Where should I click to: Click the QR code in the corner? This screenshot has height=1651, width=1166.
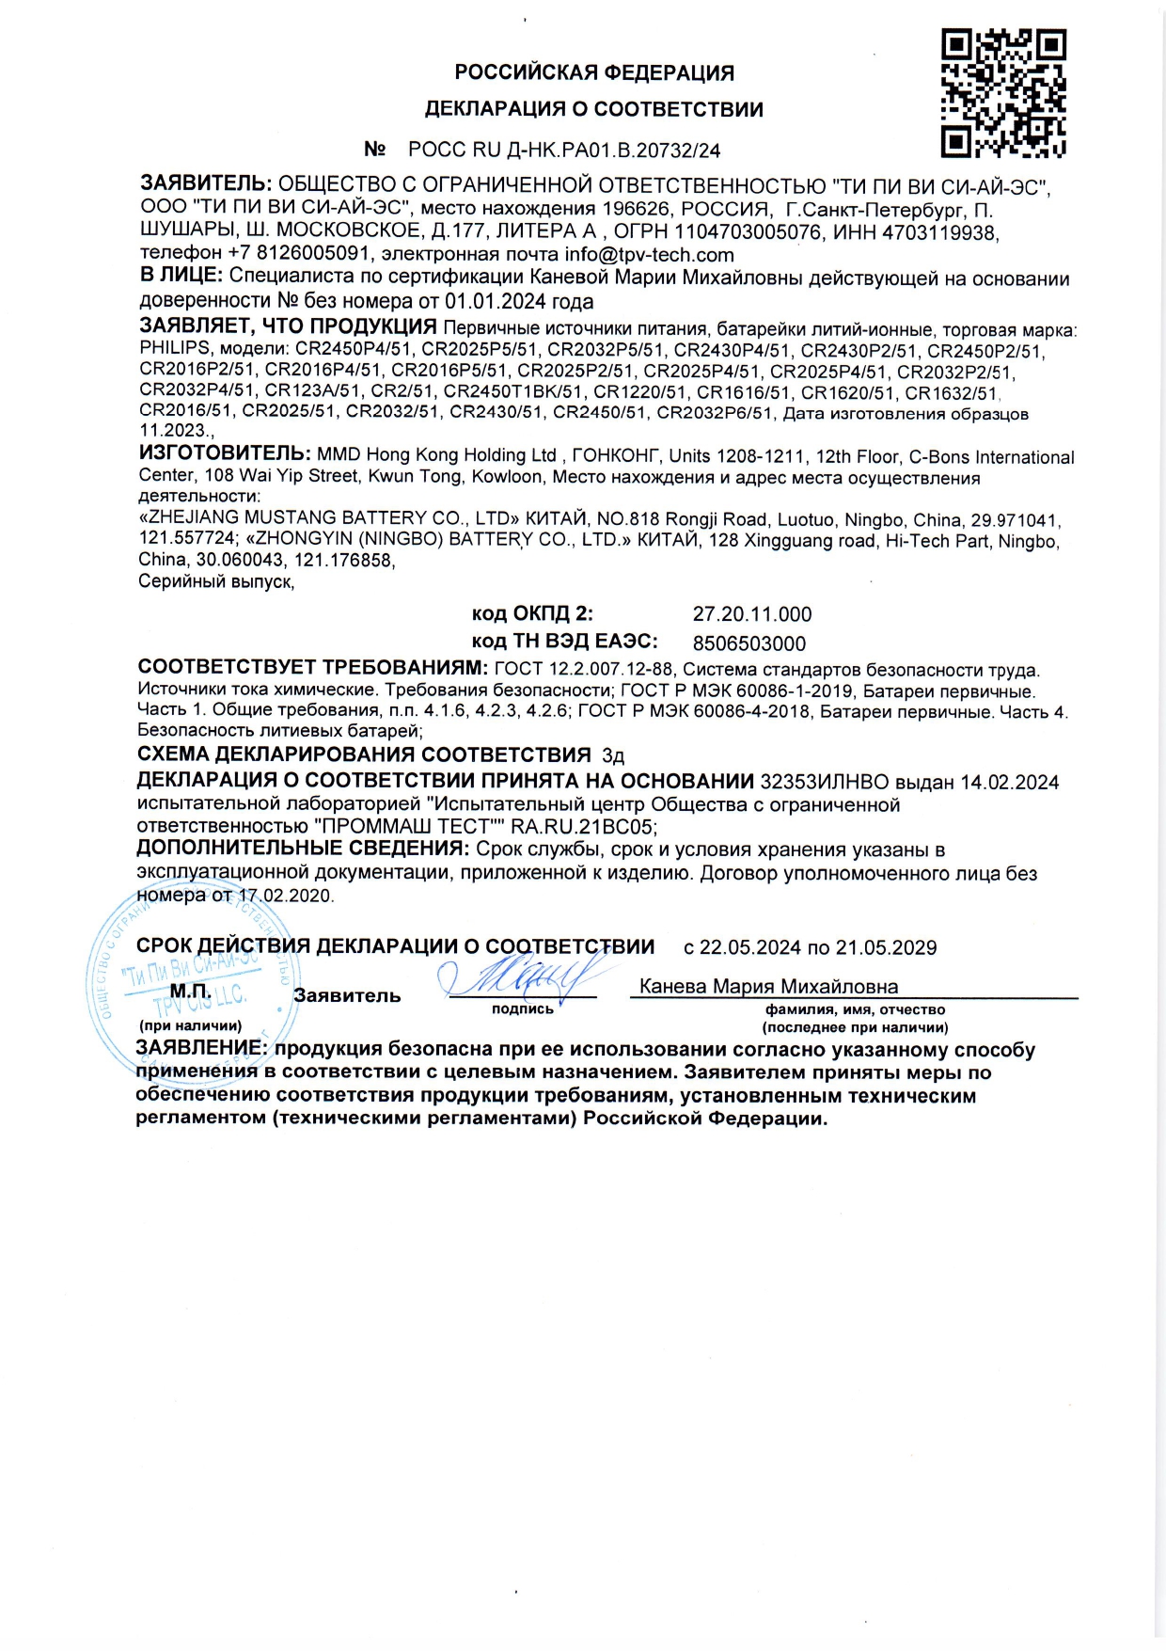(1003, 92)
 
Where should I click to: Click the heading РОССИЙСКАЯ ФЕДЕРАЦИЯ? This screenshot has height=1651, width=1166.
(594, 72)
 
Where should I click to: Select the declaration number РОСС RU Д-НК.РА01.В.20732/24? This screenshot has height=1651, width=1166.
(564, 150)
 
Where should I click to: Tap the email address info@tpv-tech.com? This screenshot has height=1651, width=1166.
(649, 255)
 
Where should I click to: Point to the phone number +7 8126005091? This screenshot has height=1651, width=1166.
(300, 254)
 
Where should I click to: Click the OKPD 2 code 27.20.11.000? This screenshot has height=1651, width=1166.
(752, 614)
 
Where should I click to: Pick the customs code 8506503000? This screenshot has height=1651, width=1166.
(749, 643)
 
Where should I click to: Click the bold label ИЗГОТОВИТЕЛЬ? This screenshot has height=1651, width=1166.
(225, 454)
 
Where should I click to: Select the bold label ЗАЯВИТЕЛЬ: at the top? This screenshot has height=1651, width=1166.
(206, 183)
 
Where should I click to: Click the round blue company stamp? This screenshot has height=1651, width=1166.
(188, 978)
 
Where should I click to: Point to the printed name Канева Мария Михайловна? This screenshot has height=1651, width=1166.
(768, 987)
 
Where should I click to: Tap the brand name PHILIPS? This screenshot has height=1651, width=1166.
(175, 349)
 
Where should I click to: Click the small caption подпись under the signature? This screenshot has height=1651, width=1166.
(523, 1009)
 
